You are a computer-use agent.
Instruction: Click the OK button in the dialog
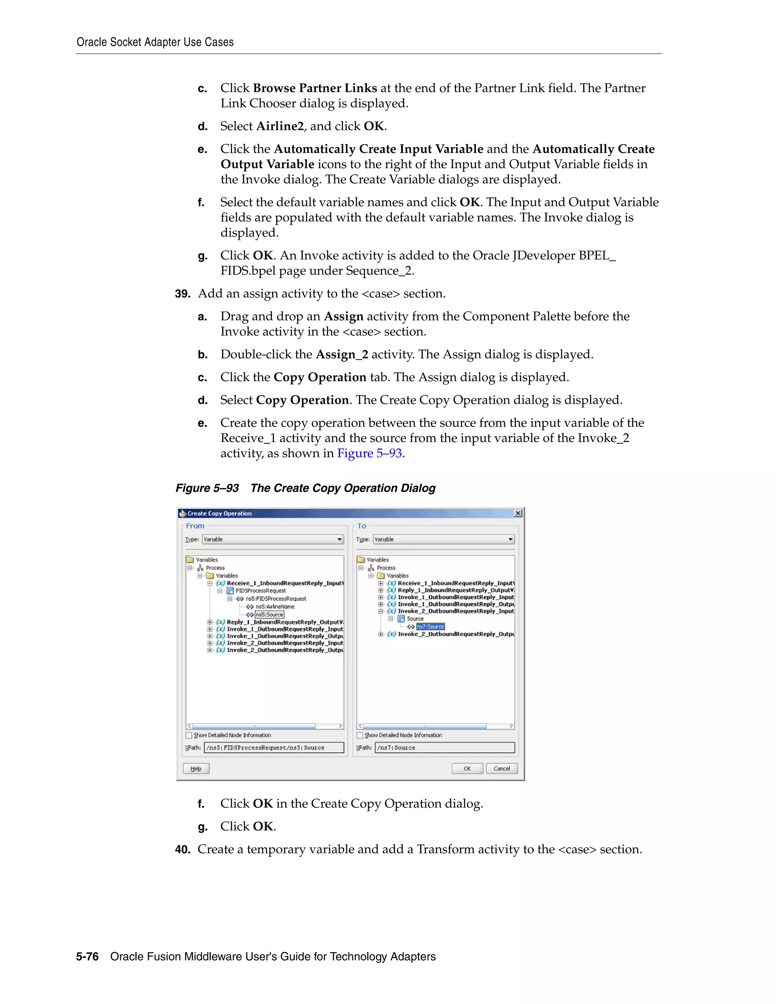click(467, 768)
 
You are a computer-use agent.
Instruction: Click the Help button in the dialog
click(196, 768)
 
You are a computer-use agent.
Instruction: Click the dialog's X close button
click(518, 513)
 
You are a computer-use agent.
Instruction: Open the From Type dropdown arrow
click(339, 539)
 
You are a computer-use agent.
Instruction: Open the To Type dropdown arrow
click(510, 539)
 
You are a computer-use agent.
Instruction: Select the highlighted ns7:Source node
click(430, 626)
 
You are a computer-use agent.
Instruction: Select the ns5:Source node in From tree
click(269, 615)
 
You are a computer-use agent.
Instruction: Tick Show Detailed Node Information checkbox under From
click(189, 735)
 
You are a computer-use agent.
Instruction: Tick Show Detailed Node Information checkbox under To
click(360, 735)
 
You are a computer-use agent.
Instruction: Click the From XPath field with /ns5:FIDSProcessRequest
click(274, 748)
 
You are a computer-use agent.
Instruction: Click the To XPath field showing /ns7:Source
click(444, 748)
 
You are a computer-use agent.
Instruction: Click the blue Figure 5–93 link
click(369, 453)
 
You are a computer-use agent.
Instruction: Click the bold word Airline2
click(280, 126)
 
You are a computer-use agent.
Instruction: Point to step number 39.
click(183, 294)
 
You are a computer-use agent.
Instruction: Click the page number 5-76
click(88, 956)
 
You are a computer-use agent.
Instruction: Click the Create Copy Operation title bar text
click(219, 513)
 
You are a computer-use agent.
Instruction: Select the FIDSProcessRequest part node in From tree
click(260, 591)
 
